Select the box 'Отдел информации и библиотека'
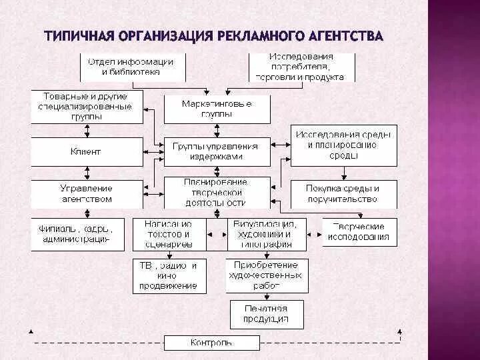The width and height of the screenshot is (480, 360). tap(131, 67)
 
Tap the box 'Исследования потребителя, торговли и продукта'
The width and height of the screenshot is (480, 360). tap(302, 67)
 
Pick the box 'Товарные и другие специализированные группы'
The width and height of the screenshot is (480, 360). tap(87, 107)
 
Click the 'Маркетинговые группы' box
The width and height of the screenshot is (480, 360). tap(217, 109)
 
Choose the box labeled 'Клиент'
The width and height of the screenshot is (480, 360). tap(87, 151)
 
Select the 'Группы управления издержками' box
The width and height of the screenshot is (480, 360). tap(217, 151)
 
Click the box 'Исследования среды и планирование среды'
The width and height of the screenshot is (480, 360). tap(343, 145)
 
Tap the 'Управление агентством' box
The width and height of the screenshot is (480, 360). tap(87, 193)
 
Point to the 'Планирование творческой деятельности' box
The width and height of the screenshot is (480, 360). tap(217, 192)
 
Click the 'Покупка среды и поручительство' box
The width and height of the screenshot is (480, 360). tap(343, 193)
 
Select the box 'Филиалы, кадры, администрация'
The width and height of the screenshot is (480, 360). tap(77, 233)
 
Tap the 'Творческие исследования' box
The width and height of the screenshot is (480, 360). tap(359, 232)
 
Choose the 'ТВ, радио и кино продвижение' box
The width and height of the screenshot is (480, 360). tap(168, 275)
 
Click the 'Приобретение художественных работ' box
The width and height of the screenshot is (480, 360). tap(267, 275)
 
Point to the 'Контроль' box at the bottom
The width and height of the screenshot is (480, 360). tap(212, 343)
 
